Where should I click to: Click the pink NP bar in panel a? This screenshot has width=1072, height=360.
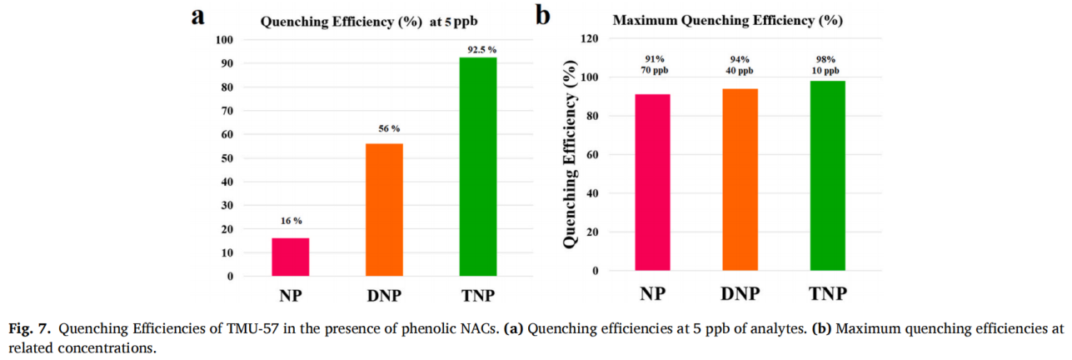click(x=291, y=257)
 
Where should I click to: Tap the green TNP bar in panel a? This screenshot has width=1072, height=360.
click(x=478, y=167)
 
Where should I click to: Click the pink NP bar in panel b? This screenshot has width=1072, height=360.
click(x=652, y=182)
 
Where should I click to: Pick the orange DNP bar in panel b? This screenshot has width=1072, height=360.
click(x=740, y=179)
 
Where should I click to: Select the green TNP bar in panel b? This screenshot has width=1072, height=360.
click(x=827, y=176)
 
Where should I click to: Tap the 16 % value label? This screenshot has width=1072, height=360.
click(x=291, y=221)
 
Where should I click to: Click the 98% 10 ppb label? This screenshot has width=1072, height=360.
click(x=827, y=64)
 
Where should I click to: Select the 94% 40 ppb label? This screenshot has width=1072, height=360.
click(x=740, y=64)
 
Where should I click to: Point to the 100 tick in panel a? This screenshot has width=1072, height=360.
click(x=225, y=40)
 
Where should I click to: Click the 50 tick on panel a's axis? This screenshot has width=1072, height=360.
click(x=227, y=157)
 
